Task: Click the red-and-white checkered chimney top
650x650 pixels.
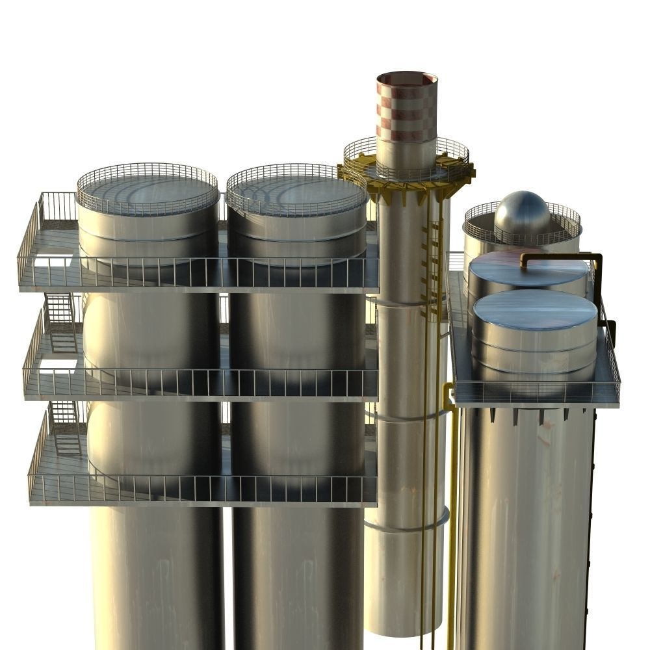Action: pyautogui.click(x=407, y=107)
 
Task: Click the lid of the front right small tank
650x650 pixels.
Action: pyautogui.click(x=534, y=309)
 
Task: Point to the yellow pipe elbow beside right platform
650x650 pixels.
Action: pyautogui.click(x=447, y=393)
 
